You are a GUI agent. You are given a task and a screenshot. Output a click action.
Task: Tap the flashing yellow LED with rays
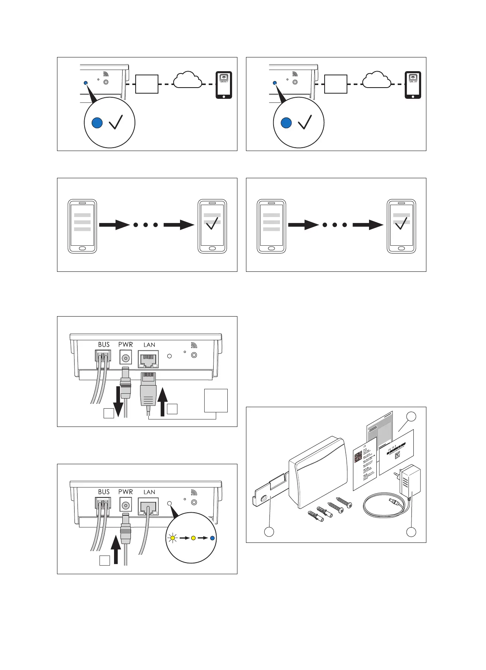point(172,538)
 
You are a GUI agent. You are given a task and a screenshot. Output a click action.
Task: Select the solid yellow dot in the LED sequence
point(193,538)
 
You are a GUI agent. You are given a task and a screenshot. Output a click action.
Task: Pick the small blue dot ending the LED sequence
point(212,538)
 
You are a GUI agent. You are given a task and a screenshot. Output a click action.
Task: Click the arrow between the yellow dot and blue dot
point(203,538)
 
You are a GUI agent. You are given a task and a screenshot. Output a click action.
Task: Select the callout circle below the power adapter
point(411,532)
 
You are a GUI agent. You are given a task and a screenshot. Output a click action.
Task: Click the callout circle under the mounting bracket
point(269,532)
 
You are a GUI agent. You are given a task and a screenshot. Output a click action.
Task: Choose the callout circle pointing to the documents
point(411,416)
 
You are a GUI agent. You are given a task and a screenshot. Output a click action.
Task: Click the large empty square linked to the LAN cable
point(216,400)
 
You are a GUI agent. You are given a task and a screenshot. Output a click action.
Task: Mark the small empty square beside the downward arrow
point(108,413)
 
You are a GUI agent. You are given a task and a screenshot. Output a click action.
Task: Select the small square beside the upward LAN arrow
point(172,409)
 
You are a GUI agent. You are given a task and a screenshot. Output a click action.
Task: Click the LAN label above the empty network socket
point(149,345)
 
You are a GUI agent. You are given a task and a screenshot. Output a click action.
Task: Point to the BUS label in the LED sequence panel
point(104,492)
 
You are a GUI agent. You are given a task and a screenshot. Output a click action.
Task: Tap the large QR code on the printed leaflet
point(358,457)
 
